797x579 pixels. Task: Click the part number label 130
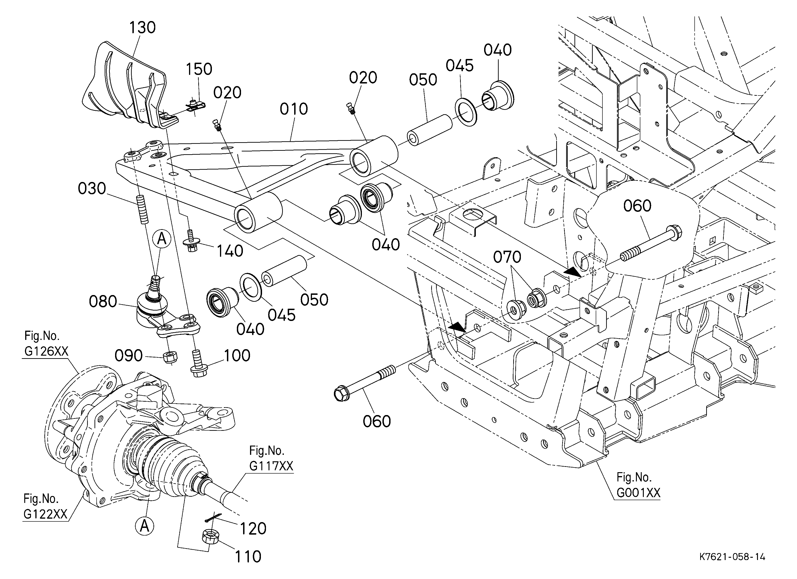[x=142, y=28]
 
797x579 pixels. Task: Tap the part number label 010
[x=294, y=109]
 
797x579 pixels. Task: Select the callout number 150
[x=199, y=69]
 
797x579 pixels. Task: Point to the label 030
[x=92, y=189]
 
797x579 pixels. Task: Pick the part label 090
[x=129, y=356]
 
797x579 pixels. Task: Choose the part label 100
[x=237, y=356]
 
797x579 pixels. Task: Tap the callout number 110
[x=248, y=557]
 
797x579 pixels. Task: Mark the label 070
[x=507, y=257]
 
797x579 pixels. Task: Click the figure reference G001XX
[x=638, y=493]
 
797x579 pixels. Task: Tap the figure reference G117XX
[x=271, y=466]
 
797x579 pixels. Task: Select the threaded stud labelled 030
[x=142, y=209]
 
